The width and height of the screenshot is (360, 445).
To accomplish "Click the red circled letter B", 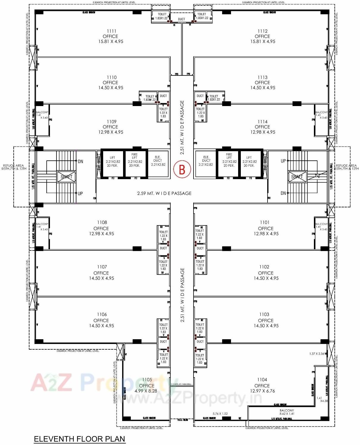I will click(182, 169).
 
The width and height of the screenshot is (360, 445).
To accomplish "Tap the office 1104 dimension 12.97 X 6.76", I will click(262, 391).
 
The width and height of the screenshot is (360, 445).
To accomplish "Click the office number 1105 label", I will click(147, 380).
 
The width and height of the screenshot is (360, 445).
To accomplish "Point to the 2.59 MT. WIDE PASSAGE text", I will click(164, 193).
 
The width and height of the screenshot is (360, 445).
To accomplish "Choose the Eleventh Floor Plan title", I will click(79, 439).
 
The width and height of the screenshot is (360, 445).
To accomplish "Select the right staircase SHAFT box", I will click(297, 177).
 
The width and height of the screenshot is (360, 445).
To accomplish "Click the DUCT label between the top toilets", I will click(181, 19).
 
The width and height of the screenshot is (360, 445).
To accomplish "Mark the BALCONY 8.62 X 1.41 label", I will click(287, 412).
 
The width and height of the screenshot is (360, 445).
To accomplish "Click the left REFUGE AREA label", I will click(13, 167).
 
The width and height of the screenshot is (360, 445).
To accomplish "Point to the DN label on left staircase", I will click(80, 162).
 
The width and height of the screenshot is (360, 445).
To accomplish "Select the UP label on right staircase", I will click(283, 161).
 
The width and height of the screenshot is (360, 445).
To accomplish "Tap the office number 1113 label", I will click(262, 78).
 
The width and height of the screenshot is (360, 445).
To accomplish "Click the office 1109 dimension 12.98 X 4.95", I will click(111, 132).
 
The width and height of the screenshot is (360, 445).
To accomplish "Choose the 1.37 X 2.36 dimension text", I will click(316, 354).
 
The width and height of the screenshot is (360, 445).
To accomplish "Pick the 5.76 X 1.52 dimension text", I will click(220, 414).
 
